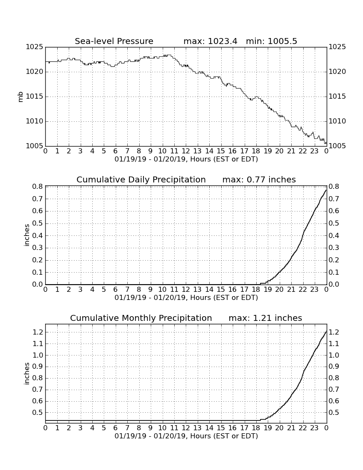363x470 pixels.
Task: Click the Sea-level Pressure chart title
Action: click(x=114, y=41)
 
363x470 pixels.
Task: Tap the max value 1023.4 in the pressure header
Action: click(x=222, y=41)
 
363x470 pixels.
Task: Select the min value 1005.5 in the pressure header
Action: click(x=282, y=41)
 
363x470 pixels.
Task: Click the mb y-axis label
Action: click(x=20, y=97)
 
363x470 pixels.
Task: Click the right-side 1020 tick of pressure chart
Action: click(x=337, y=72)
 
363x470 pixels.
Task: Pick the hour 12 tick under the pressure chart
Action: click(x=186, y=151)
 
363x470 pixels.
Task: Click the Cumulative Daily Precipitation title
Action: click(x=141, y=179)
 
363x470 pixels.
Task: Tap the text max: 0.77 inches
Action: click(x=259, y=179)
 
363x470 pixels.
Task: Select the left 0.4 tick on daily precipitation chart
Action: click(x=38, y=235)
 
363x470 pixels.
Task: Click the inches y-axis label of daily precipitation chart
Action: click(x=26, y=235)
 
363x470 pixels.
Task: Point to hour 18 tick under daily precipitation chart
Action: click(x=256, y=290)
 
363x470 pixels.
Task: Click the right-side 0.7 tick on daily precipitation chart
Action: click(x=334, y=199)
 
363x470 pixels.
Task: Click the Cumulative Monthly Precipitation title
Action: click(x=141, y=318)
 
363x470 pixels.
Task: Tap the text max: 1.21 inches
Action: click(x=265, y=318)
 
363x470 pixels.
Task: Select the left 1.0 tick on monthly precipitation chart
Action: click(x=38, y=355)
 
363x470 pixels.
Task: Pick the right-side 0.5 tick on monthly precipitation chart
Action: click(x=334, y=413)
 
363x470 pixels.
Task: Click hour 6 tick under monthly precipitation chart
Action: click(x=116, y=428)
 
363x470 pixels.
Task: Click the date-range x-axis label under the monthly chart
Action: click(x=186, y=436)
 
